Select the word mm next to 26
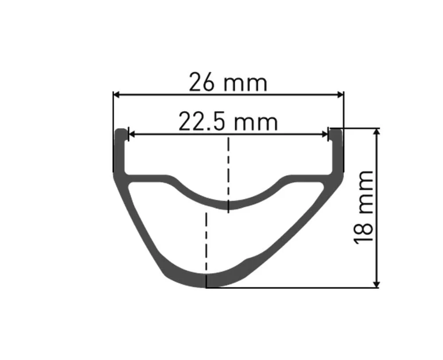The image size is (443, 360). click(x=246, y=83)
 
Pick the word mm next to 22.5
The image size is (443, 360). click(x=256, y=122)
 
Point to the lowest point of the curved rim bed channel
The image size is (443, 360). click(x=228, y=205)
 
